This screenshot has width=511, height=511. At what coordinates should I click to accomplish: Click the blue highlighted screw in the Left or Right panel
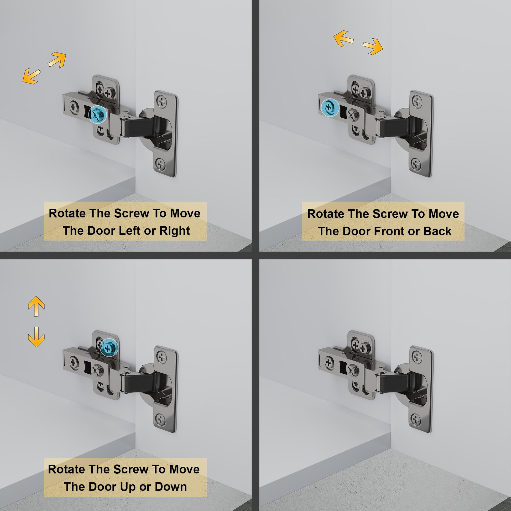coord(98,114)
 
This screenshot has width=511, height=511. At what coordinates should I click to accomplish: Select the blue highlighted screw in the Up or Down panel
coord(108,348)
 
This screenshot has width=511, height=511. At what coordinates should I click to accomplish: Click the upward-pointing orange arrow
coord(36,306)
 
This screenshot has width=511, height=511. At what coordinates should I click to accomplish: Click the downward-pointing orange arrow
coord(36,337)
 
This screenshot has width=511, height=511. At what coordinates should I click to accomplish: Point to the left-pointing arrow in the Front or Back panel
coord(343,39)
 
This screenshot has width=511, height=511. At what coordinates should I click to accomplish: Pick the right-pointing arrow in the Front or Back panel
coord(373,46)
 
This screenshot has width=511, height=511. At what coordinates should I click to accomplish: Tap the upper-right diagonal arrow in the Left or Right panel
coord(57,60)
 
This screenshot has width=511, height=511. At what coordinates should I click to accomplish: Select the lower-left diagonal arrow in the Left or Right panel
coord(32,76)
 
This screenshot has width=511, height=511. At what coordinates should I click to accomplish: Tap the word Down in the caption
coord(171,487)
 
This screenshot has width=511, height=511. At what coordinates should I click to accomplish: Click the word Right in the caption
coord(175,231)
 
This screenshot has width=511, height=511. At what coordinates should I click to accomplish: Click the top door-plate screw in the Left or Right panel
coord(161,101)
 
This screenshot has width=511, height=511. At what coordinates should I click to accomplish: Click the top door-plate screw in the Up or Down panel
coord(161,356)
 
